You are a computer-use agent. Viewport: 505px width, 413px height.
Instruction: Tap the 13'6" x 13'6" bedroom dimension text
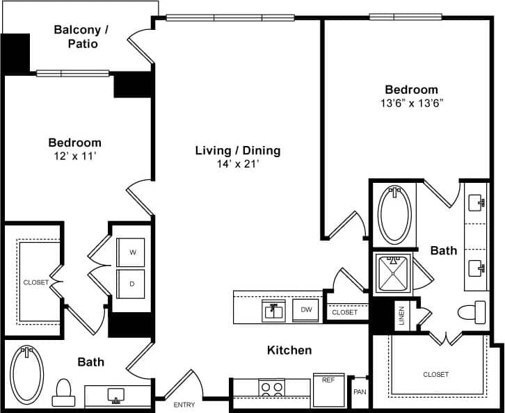click(x=412, y=103)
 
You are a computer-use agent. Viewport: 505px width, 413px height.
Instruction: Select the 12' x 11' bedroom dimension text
click(x=74, y=156)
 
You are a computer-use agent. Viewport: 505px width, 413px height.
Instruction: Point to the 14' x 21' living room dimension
click(x=237, y=164)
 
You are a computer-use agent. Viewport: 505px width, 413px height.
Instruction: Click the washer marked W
click(x=132, y=252)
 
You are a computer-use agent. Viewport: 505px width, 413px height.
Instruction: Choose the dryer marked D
click(x=132, y=284)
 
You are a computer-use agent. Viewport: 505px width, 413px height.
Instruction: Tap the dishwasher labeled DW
click(x=306, y=310)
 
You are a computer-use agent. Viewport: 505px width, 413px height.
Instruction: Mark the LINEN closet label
click(x=401, y=314)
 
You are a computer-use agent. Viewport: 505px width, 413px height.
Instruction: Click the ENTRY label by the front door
click(x=184, y=405)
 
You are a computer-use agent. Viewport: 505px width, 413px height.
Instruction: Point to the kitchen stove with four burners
click(x=271, y=387)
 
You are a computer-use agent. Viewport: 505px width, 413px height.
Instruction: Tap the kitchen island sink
click(x=274, y=310)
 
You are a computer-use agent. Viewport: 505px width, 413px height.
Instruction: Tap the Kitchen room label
click(x=289, y=350)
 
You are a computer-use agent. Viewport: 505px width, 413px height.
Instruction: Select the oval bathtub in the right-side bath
click(x=395, y=214)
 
